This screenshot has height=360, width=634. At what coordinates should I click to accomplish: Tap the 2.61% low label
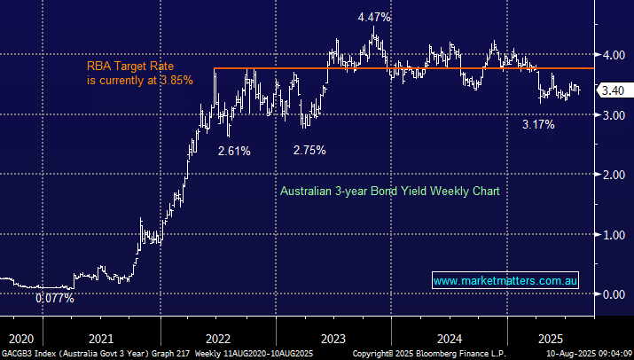click(x=234, y=151)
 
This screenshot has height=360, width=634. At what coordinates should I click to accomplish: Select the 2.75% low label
click(x=309, y=150)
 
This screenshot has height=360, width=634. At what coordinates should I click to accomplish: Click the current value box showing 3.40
click(x=612, y=90)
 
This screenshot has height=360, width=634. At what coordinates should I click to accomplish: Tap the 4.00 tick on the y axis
click(x=611, y=55)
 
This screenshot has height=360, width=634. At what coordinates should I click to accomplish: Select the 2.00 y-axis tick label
click(x=611, y=175)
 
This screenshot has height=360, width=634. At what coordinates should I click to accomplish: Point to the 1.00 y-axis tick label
click(x=611, y=235)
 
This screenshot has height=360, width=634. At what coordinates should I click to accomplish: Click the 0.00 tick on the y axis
click(x=611, y=294)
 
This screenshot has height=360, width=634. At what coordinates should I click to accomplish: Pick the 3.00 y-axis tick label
click(x=611, y=115)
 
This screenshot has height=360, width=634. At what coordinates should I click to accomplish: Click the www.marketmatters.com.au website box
click(x=506, y=281)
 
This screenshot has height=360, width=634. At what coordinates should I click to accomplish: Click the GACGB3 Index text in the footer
click(x=27, y=353)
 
